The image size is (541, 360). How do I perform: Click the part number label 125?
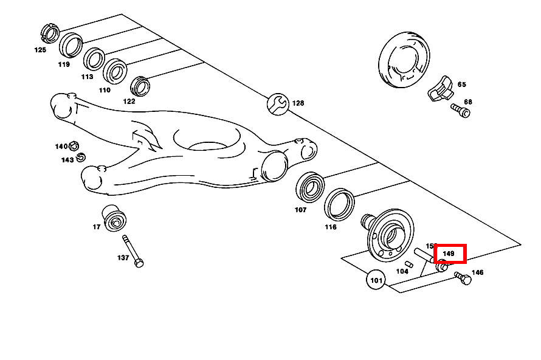coord(40,50)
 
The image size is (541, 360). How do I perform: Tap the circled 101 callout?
coord(376,280)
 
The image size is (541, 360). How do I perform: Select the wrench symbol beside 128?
coord(277,103)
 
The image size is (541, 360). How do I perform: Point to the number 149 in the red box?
coord(449,254)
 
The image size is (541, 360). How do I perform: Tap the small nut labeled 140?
coord(74,145)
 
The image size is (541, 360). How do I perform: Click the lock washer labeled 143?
coord(81,157)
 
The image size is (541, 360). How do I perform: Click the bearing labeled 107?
coord(311,187)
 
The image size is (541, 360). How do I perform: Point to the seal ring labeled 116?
coord(339,205)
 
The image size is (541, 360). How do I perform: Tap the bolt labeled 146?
coord(463,279)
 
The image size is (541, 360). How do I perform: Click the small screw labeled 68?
coord(461,111)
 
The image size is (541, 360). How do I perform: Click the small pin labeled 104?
coord(410,263)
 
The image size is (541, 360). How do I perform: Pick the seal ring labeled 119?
coord(71,46)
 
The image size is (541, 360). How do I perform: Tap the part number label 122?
coord(129,102)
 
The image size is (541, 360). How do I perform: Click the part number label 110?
coord(105,90)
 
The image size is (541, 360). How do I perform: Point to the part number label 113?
coord(87,77)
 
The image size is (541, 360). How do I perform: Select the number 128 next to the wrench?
coord(298,103)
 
